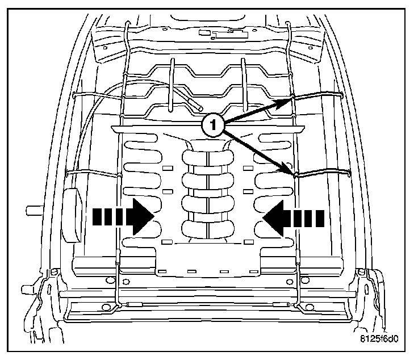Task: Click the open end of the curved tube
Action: point(198,107)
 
